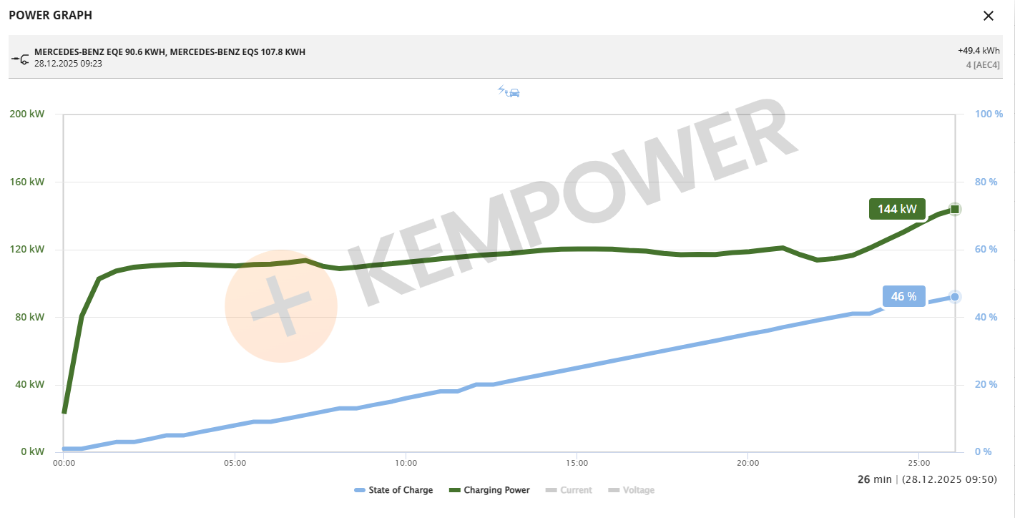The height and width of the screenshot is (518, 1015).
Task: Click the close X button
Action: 989,16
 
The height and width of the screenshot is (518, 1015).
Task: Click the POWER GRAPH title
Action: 50,15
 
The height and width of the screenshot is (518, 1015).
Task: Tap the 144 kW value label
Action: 897,209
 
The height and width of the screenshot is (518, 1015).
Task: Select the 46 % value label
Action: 903,296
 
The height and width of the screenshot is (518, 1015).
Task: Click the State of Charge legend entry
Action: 393,490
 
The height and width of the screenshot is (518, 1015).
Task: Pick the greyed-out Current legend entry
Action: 569,490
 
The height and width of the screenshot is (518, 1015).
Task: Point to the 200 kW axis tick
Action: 26,114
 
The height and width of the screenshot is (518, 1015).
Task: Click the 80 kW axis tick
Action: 29,317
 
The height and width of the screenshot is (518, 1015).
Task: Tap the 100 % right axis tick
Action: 989,114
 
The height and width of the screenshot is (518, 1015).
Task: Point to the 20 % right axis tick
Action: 987,385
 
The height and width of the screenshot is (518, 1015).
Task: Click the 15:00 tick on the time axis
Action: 577,463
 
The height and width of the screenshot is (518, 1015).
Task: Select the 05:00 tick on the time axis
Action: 235,463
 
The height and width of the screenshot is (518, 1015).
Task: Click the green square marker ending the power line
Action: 955,209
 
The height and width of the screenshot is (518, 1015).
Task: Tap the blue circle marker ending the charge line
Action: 955,297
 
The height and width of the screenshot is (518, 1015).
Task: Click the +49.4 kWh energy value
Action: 979,51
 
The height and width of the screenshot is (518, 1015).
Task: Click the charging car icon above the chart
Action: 509,92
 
